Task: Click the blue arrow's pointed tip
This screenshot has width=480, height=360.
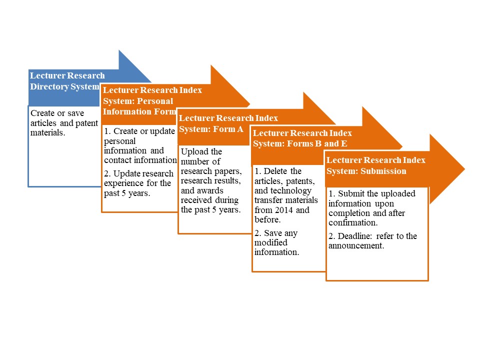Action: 150,82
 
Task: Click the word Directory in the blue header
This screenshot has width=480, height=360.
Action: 49,86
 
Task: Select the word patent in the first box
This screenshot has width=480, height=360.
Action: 86,123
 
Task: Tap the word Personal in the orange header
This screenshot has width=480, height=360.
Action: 155,101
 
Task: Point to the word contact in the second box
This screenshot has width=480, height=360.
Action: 118,160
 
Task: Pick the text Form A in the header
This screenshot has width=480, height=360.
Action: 228,129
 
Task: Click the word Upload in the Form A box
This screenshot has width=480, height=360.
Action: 194,152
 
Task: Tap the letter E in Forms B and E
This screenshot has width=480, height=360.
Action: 344,143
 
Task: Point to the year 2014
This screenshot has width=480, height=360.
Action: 284,210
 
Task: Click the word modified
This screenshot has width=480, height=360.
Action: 271,242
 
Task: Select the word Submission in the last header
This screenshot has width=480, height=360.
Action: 383,171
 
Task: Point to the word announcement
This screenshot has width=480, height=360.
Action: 356,246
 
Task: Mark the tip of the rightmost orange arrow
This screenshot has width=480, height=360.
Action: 464,168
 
